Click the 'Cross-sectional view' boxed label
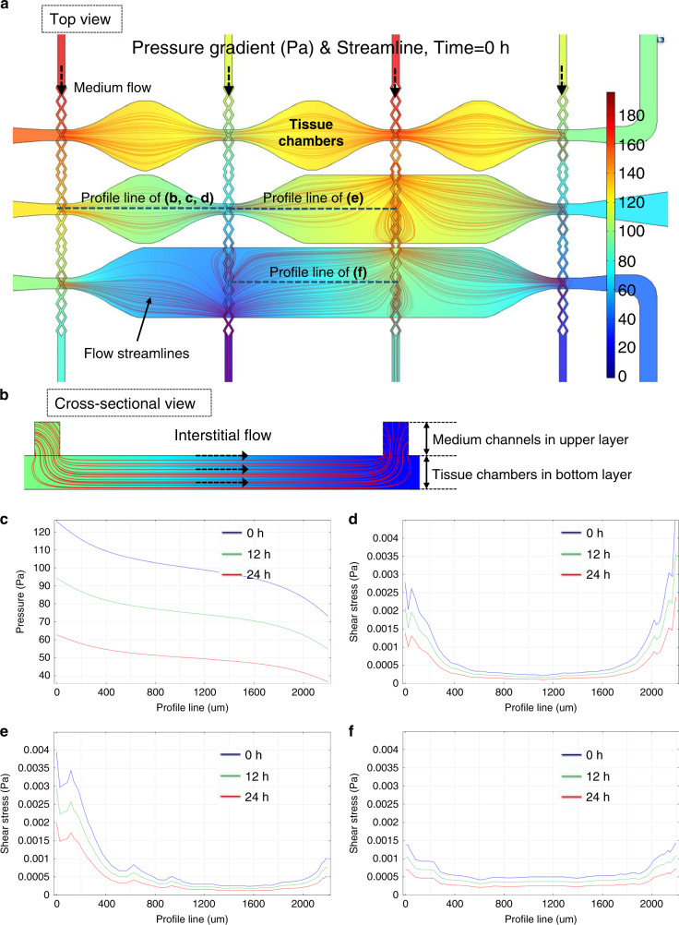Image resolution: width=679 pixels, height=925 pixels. tap(128, 401)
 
